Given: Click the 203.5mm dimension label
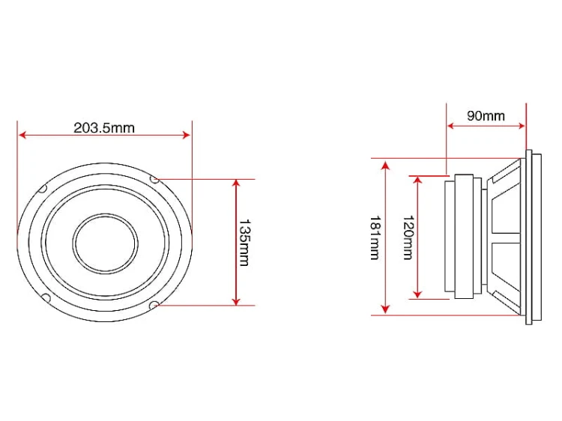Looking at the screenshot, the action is [x=104, y=127].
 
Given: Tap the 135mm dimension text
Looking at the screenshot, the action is [x=244, y=243].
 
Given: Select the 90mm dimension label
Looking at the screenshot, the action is [x=486, y=115].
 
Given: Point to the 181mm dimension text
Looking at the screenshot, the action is [x=375, y=237].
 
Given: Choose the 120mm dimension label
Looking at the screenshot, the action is [x=408, y=237].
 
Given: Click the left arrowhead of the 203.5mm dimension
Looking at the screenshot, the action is [x=22, y=135].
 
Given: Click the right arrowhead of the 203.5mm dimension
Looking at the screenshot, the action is [x=187, y=135].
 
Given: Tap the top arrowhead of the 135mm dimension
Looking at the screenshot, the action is [x=236, y=184].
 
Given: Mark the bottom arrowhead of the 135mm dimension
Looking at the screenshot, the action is [x=236, y=301].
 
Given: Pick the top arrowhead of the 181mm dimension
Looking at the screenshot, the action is [x=386, y=165].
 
